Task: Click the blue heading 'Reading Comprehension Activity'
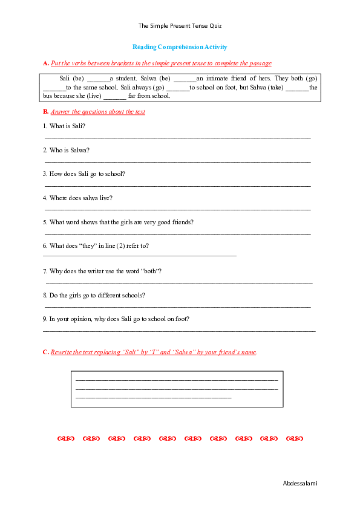[x=180, y=47]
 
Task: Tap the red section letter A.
[x=45, y=63]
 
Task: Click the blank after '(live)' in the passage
[x=115, y=96]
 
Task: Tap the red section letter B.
[x=45, y=112]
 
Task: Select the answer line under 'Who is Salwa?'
[x=177, y=161]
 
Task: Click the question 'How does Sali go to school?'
[x=84, y=173]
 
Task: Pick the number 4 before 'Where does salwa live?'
[x=45, y=198]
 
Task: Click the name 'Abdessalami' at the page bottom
[x=300, y=483]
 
